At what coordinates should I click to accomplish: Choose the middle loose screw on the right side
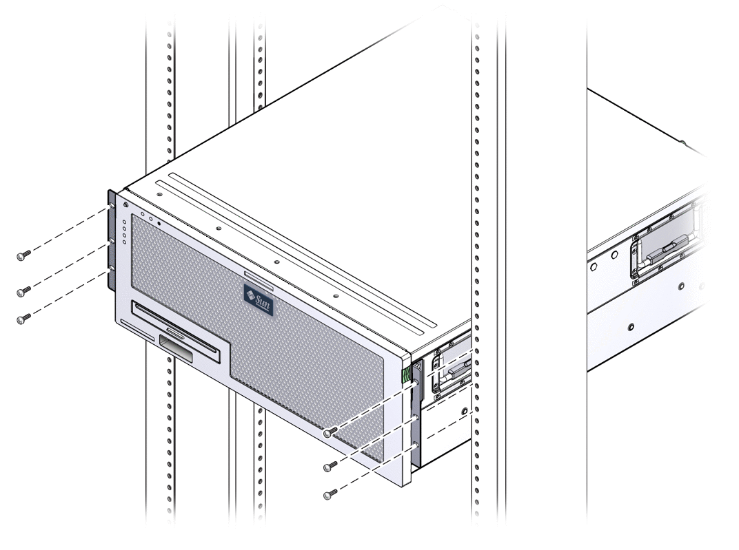coord(328,467)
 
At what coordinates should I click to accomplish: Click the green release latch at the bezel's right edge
coord(407,375)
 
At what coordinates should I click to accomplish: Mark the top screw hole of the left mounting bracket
coord(110,208)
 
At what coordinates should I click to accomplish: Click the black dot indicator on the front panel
coord(159,223)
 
